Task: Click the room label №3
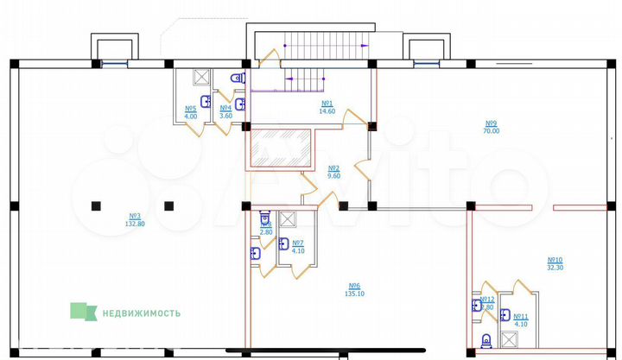coord(135,216)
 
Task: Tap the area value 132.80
coord(135,223)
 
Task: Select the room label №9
coord(492,123)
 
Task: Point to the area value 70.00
coord(492,131)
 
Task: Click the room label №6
coord(354,286)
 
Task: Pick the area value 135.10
coord(354,294)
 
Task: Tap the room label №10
coord(555,260)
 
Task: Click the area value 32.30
coord(555,268)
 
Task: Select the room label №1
coord(327,104)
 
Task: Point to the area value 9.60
coord(333,175)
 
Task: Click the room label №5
coord(191,109)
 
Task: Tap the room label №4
coord(225,108)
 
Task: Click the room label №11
coord(521,317)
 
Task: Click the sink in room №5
coord(206,102)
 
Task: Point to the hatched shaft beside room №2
coord(280,148)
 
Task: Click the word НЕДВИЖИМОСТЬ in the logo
coord(142,313)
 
